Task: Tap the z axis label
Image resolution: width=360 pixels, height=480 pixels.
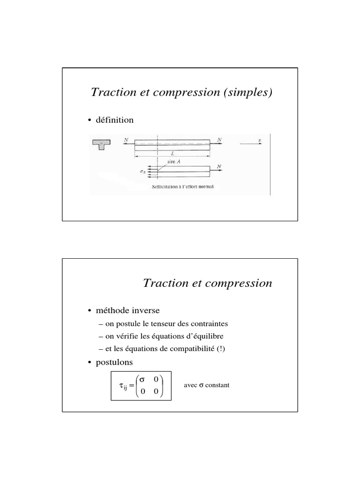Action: click(x=259, y=140)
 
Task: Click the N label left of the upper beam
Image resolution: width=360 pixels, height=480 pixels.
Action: click(x=126, y=139)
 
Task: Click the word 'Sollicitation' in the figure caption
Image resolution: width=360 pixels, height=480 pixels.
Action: click(x=161, y=187)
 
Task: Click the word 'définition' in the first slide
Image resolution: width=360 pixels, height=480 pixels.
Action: click(x=115, y=120)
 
